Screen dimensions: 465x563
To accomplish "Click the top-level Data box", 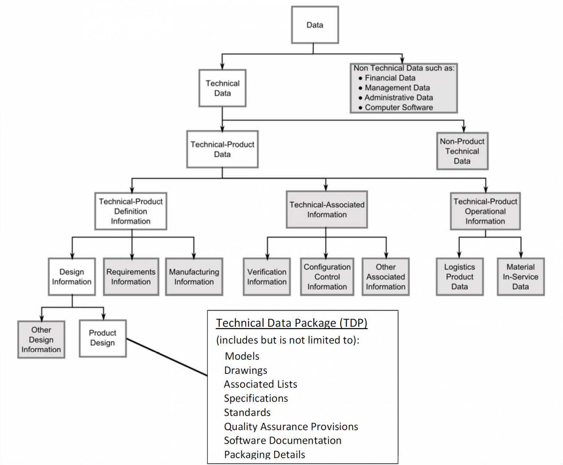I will coord(314,25).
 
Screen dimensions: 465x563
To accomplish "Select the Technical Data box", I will coord(222,88).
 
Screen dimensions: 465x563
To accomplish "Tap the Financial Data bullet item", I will coord(390,78).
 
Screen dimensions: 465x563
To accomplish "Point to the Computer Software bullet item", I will coord(398,108).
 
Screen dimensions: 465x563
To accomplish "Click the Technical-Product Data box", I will coord(222,149).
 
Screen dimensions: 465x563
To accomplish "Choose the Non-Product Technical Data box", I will coord(462,151).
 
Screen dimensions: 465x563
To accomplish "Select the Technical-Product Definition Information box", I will coord(130,211).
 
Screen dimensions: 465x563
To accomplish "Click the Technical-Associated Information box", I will coord(327,210).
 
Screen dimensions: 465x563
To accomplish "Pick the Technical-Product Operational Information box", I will coord(485,211).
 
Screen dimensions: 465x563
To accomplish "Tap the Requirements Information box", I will coord(131,277).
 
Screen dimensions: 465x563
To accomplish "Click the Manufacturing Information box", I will coord(194,277).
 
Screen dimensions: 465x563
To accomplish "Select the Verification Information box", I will coord(266,277).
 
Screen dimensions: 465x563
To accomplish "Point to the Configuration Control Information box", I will coord(327,277).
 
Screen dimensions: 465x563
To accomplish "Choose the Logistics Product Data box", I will coord(459,277).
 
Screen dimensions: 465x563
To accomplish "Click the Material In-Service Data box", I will coord(520,277).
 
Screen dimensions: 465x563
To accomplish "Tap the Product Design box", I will coord(103,338).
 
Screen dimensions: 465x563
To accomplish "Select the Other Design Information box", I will coord(41,340).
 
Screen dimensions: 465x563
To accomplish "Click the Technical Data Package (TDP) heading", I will coord(291,323).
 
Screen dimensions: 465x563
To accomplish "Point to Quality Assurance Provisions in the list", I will coord(291,427).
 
